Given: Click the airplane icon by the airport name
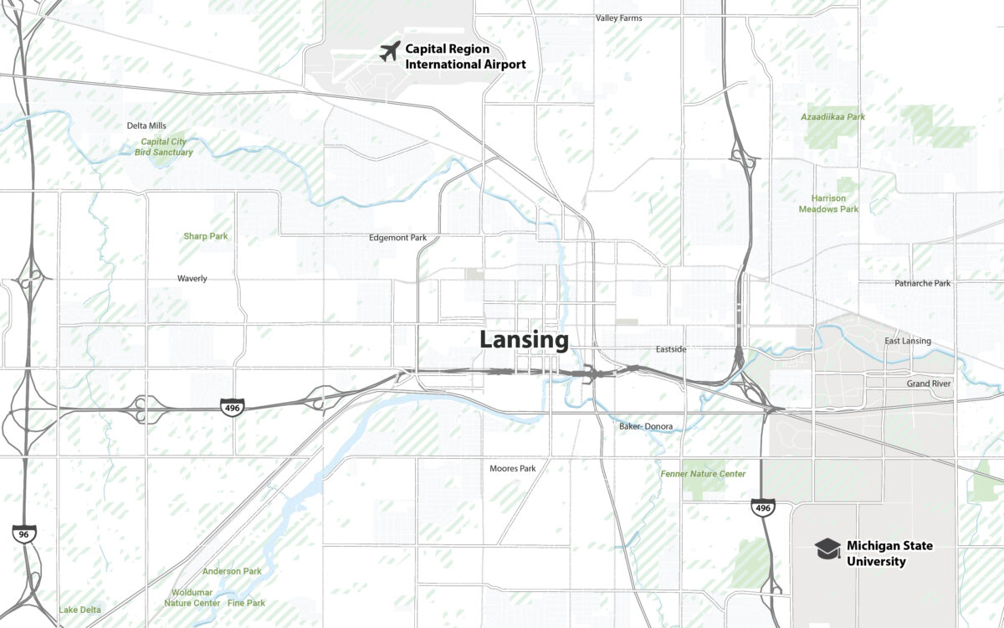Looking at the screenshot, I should [389, 51].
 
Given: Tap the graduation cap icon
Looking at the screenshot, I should [827, 548].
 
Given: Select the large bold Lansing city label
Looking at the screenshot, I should [524, 341].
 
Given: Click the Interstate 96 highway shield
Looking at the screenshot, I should [24, 533].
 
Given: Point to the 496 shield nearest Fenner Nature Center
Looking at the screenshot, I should [762, 507].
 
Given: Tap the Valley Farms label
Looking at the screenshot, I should [619, 18].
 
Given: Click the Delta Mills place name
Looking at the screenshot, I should [146, 126].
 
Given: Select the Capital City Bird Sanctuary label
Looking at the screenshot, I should [164, 147].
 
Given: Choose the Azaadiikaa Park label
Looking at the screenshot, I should [832, 117].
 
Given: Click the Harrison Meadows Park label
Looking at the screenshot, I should [828, 203].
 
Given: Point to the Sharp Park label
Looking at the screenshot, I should [206, 236].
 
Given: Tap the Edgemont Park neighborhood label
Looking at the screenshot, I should [397, 238].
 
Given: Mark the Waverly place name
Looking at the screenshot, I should [192, 278].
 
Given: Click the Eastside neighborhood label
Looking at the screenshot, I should [671, 349].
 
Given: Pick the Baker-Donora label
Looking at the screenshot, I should [646, 426].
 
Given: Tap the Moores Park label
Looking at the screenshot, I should [513, 468].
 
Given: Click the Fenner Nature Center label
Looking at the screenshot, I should [703, 474].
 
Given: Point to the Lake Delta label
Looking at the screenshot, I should [79, 610].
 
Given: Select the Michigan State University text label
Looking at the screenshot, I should [889, 553].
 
